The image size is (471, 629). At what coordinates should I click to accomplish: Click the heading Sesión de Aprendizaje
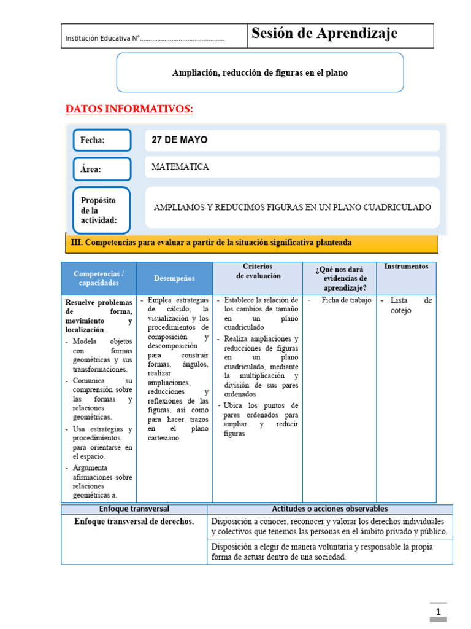pyautogui.click(x=324, y=34)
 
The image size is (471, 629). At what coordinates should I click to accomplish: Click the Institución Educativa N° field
pyautogui.click(x=145, y=39)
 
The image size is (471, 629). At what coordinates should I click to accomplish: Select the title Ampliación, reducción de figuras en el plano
pyautogui.click(x=259, y=72)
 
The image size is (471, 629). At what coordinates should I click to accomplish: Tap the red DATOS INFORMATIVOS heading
pyautogui.click(x=129, y=109)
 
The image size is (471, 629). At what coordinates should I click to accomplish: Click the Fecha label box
pyautogui.click(x=102, y=140)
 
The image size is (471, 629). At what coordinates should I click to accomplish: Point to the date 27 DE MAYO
pyautogui.click(x=180, y=140)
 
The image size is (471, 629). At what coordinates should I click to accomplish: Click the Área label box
pyautogui.click(x=102, y=169)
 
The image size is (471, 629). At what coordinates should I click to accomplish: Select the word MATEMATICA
pyautogui.click(x=180, y=166)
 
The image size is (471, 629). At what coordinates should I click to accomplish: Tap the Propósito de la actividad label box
pyautogui.click(x=102, y=210)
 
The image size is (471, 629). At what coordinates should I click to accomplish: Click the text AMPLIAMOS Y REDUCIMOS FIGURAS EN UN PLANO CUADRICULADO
pyautogui.click(x=292, y=207)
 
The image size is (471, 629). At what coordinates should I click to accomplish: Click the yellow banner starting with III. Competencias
pyautogui.click(x=251, y=243)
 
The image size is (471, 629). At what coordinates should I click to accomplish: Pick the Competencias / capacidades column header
pyautogui.click(x=98, y=278)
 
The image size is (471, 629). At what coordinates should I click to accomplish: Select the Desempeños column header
pyautogui.click(x=174, y=278)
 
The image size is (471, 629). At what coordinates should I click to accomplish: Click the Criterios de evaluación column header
pyautogui.click(x=258, y=271)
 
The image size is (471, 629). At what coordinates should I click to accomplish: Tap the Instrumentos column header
pyautogui.click(x=406, y=267)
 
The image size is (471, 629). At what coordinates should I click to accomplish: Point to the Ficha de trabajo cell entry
pyautogui.click(x=347, y=300)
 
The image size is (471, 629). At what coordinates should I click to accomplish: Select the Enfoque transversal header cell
pyautogui.click(x=134, y=509)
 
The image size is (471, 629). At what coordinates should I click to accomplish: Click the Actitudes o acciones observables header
pyautogui.click(x=329, y=509)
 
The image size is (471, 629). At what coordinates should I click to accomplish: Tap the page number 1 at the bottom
pyautogui.click(x=438, y=612)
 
